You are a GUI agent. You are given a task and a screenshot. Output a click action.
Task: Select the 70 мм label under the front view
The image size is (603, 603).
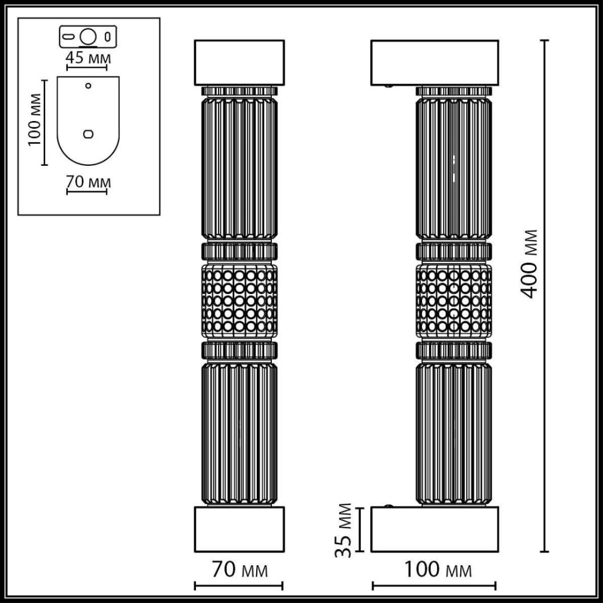click(239, 570)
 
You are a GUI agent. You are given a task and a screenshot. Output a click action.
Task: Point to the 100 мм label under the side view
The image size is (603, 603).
click(438, 570)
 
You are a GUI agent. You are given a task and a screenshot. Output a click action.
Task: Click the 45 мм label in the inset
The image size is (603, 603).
click(88, 58)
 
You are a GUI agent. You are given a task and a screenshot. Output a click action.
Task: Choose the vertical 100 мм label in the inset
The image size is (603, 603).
click(34, 120)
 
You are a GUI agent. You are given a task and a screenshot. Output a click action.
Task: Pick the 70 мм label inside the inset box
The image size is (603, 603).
click(88, 182)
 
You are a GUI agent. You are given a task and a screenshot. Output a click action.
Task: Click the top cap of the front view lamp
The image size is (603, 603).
click(239, 62)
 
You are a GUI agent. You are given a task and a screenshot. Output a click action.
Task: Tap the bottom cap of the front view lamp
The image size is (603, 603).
click(239, 529)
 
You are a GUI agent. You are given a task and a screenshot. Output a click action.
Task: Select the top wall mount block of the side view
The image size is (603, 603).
click(435, 62)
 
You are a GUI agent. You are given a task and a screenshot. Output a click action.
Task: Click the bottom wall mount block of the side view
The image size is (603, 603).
click(435, 529)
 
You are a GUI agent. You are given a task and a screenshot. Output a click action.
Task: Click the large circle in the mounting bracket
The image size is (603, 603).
click(88, 37)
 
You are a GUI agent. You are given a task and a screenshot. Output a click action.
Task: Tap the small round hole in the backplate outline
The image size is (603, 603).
click(88, 85)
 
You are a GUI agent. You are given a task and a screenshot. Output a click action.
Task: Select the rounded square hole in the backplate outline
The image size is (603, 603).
click(88, 134)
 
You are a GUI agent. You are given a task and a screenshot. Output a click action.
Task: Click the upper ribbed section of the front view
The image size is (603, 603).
click(239, 168)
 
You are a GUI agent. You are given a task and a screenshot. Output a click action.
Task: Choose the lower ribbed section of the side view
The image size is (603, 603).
click(454, 432)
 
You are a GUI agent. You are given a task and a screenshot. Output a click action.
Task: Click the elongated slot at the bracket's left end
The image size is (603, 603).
click(69, 37)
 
